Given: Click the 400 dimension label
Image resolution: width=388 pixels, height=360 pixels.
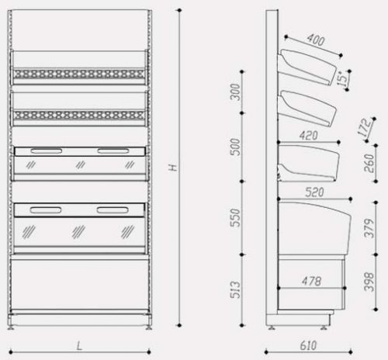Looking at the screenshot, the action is pyautogui.click(x=316, y=40).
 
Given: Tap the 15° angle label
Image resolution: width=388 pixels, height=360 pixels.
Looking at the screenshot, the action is pyautogui.click(x=342, y=78).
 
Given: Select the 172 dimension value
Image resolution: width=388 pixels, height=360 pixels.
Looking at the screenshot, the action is pyautogui.click(x=365, y=127).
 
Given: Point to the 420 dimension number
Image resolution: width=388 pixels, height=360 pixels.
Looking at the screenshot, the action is pyautogui.click(x=308, y=136).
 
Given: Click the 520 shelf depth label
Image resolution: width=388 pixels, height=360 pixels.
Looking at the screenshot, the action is pyautogui.click(x=314, y=192).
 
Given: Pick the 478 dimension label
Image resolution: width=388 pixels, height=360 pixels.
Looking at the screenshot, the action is pyautogui.click(x=311, y=281).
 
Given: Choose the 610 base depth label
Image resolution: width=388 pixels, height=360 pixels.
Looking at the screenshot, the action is pyautogui.click(x=308, y=345).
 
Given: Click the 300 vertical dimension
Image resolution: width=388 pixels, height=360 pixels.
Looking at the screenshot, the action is pyautogui.click(x=235, y=92).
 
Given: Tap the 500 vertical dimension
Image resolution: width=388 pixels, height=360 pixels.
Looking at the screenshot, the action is pyautogui.click(x=235, y=147).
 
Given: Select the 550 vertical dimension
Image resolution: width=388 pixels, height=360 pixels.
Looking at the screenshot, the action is pyautogui.click(x=235, y=218).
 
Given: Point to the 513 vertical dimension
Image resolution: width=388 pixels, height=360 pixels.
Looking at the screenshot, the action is pyautogui.click(x=235, y=289).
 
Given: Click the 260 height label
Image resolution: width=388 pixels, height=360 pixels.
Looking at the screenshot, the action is pyautogui.click(x=369, y=163).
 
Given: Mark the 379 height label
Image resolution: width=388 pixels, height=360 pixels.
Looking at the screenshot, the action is pyautogui.click(x=369, y=228).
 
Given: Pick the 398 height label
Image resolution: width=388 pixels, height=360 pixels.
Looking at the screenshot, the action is pyautogui.click(x=369, y=282).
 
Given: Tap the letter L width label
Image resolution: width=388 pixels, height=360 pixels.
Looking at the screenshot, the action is pyautogui.click(x=79, y=346).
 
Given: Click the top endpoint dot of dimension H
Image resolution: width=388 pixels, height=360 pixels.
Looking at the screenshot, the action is pyautogui.click(x=180, y=10).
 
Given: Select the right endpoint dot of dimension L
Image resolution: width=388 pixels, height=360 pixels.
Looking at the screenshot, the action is pyautogui.click(x=149, y=352).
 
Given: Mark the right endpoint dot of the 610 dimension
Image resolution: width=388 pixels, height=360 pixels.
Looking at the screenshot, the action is pyautogui.click(x=351, y=352).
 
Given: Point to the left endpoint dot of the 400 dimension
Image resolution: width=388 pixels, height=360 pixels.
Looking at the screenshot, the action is pyautogui.click(x=286, y=37).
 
